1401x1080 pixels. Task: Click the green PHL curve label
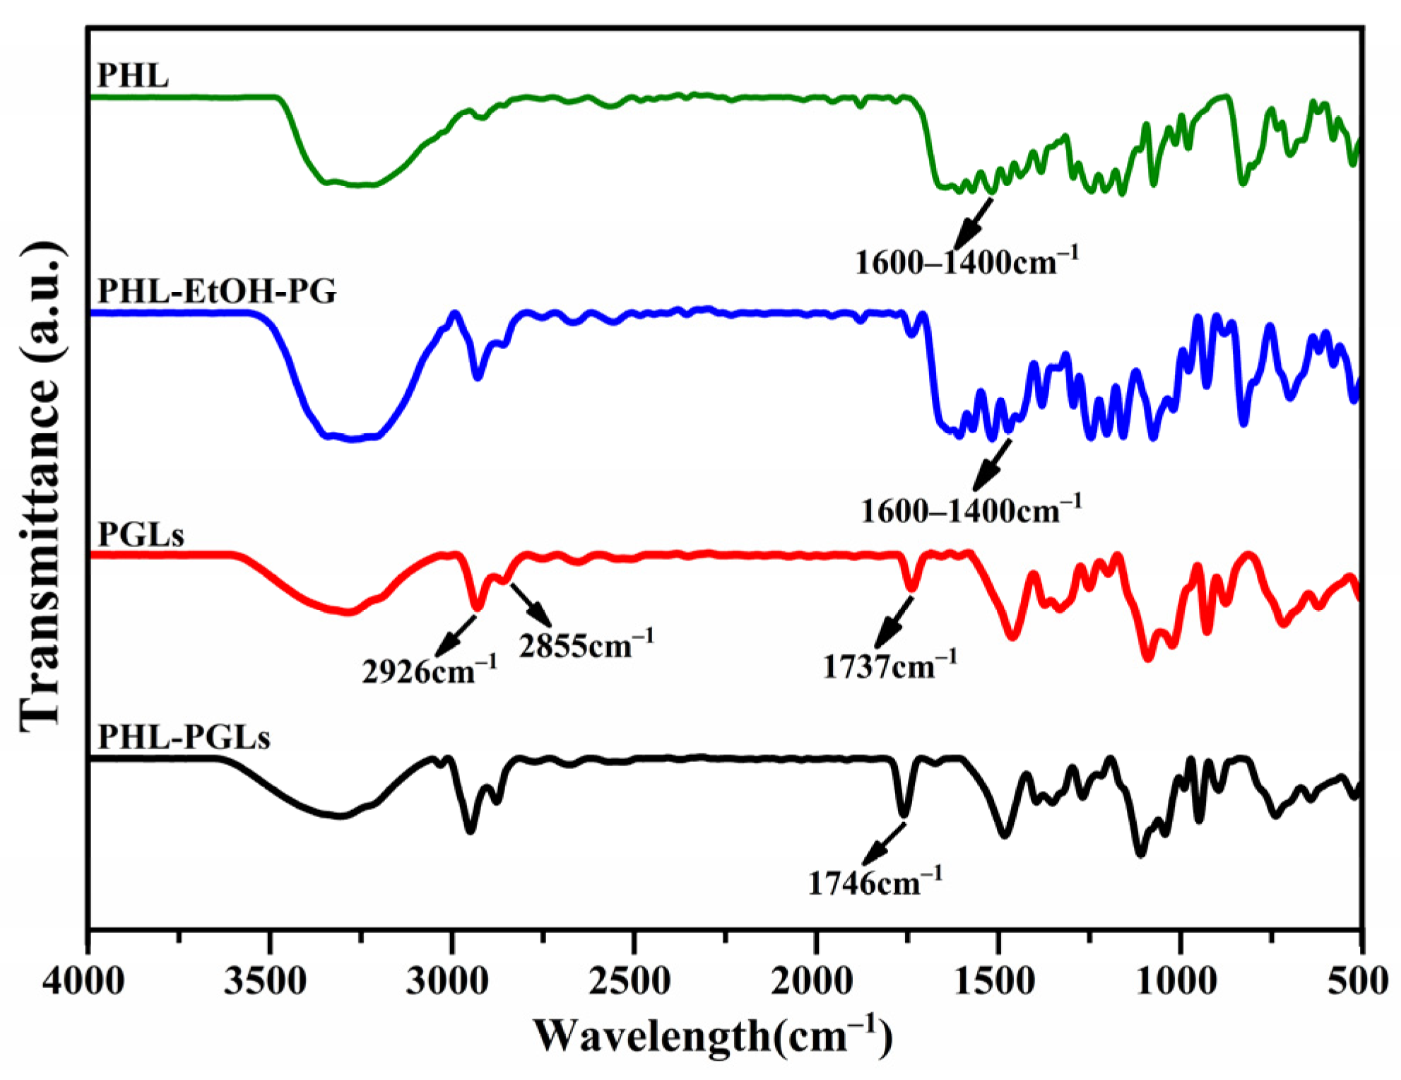pyautogui.click(x=133, y=75)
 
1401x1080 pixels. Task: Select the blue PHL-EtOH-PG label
pyautogui.click(x=217, y=290)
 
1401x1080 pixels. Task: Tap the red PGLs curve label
pyautogui.click(x=141, y=535)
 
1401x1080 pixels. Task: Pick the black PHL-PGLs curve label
pyautogui.click(x=184, y=737)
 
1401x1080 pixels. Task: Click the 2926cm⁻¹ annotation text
pyautogui.click(x=430, y=670)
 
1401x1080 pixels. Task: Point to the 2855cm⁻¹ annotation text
pyautogui.click(x=586, y=645)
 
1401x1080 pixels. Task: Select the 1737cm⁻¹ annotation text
pyautogui.click(x=889, y=665)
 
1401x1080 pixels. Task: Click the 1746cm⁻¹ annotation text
pyautogui.click(x=875, y=882)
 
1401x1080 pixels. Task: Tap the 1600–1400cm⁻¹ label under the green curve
pyautogui.click(x=966, y=262)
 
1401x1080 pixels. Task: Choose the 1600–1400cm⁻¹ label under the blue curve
pyautogui.click(x=971, y=510)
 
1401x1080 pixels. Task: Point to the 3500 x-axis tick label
pyautogui.click(x=265, y=981)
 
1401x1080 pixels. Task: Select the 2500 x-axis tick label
pyautogui.click(x=629, y=981)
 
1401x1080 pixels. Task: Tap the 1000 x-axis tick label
pyautogui.click(x=1176, y=981)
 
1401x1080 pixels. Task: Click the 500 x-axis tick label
pyautogui.click(x=1358, y=981)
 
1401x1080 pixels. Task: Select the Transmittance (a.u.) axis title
pyautogui.click(x=41, y=488)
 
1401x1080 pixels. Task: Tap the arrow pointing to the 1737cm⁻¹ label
pyautogui.click(x=894, y=622)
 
